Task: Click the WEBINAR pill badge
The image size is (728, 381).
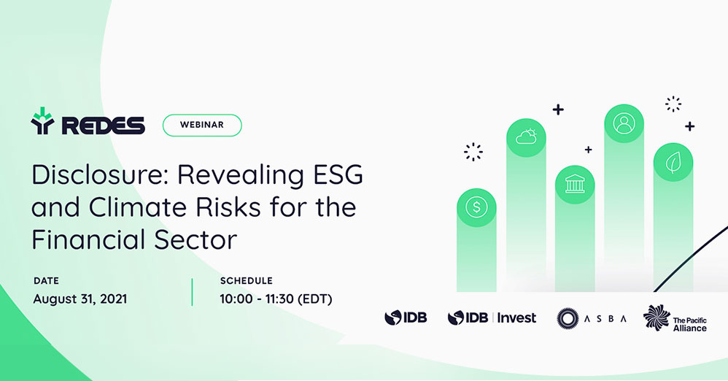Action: click(202, 125)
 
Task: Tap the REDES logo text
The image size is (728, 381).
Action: click(103, 126)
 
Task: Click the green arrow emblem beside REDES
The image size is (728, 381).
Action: click(43, 121)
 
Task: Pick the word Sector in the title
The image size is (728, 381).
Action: click(195, 239)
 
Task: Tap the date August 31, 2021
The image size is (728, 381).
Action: click(80, 299)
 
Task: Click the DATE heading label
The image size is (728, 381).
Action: click(46, 280)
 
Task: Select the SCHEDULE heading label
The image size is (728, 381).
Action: click(246, 280)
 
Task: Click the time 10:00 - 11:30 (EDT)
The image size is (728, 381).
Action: click(276, 299)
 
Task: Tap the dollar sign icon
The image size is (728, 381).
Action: click(476, 207)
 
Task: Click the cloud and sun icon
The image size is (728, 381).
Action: click(526, 137)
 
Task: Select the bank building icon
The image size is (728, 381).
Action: click(575, 185)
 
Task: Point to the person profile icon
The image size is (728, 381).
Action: click(624, 123)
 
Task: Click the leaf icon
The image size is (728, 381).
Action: click(673, 163)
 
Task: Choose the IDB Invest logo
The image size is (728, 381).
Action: click(492, 317)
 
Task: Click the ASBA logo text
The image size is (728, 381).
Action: click(605, 319)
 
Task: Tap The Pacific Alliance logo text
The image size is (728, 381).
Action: click(690, 324)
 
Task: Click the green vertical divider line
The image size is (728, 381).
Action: click(193, 292)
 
